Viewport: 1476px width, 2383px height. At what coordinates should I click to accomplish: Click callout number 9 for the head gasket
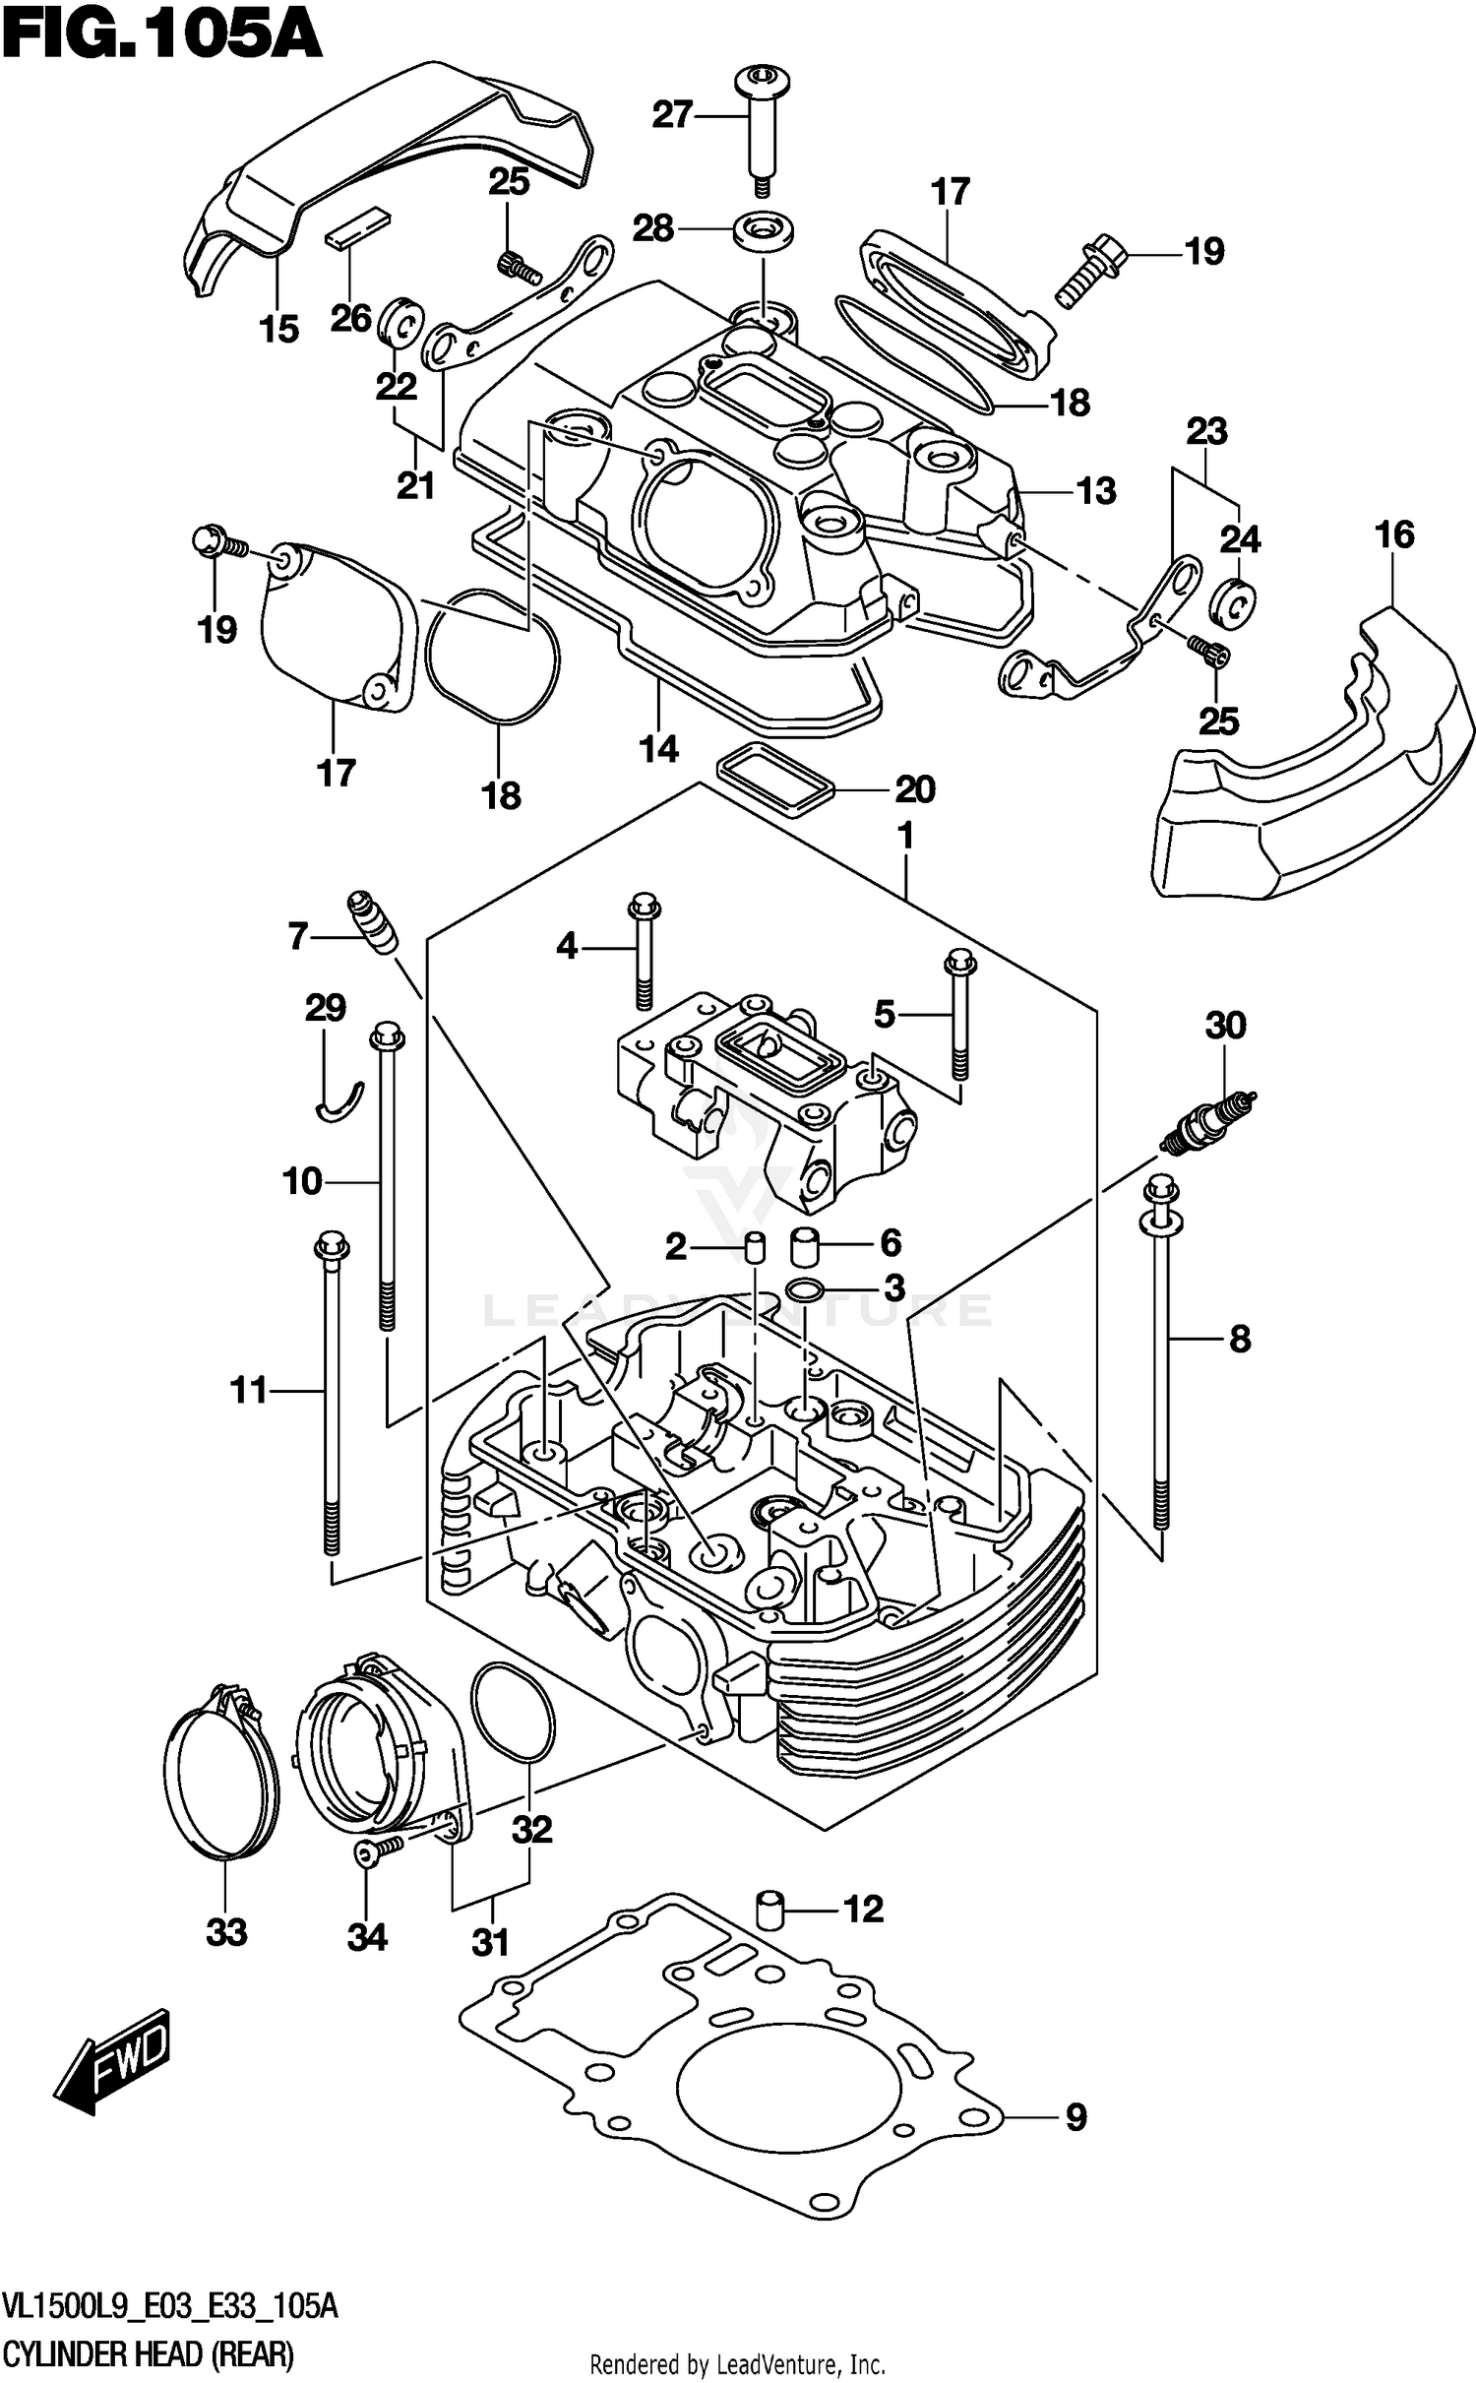pos(1076,2115)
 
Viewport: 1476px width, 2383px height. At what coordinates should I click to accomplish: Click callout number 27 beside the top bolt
pos(673,115)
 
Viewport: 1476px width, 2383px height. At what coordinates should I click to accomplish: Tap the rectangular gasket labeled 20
pos(775,780)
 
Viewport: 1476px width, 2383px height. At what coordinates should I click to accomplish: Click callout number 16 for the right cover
pos(1394,534)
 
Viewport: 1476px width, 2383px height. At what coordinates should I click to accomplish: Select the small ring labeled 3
pos(805,1288)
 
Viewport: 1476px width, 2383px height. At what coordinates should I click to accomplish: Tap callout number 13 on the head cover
pos(1096,489)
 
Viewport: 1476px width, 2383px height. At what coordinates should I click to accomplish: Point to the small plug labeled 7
pos(372,919)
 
